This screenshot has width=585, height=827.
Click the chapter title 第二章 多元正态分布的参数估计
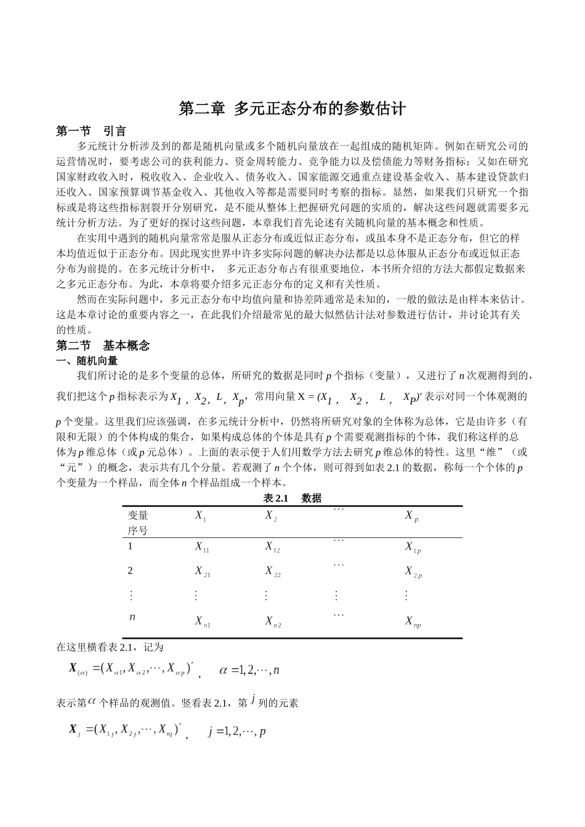coord(292,109)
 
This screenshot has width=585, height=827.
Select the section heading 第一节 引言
coord(91,131)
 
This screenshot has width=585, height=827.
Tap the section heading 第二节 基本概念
coord(102,345)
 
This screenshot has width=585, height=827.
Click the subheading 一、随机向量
coord(87,361)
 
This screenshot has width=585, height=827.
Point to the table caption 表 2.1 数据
coord(292,498)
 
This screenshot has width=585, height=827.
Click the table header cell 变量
coord(138,516)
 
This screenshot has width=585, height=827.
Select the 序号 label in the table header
coord(138,530)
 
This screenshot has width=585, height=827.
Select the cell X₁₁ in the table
coord(202,546)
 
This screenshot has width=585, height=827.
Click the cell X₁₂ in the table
coord(272,546)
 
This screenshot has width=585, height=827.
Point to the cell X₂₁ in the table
coord(203,572)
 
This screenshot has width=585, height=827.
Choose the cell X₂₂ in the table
coord(273,572)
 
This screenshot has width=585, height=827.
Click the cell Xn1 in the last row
coord(203,621)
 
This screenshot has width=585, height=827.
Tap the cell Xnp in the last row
coord(413,621)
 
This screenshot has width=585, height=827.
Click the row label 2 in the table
coord(130,570)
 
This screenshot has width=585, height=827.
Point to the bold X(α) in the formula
coord(78,668)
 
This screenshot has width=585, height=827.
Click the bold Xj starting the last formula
coord(75,730)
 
